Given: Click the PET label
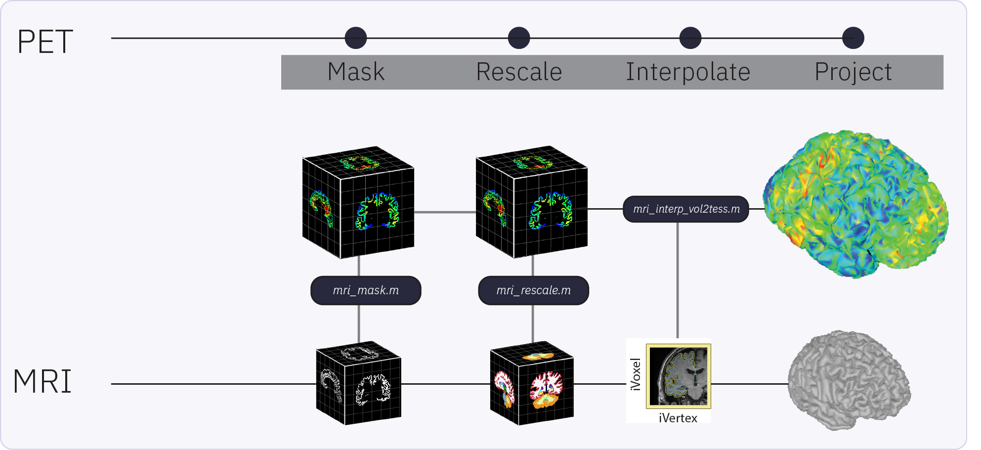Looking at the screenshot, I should pyautogui.click(x=45, y=42).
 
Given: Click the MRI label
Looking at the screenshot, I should pyautogui.click(x=43, y=381).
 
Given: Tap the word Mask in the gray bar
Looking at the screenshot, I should pyautogui.click(x=356, y=72).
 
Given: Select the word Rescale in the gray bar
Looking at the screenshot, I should pyautogui.click(x=519, y=72).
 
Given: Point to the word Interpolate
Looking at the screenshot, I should pyautogui.click(x=688, y=72).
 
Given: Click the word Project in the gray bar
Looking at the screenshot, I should pyautogui.click(x=853, y=72).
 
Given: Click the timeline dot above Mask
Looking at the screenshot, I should pyautogui.click(x=356, y=38).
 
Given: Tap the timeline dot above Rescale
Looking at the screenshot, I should pyautogui.click(x=519, y=38).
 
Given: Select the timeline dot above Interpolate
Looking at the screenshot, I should pyautogui.click(x=690, y=38).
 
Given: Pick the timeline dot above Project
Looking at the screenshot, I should pyautogui.click(x=853, y=38).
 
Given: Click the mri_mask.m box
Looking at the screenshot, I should pyautogui.click(x=366, y=290).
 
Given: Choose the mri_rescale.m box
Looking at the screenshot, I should pyautogui.click(x=534, y=290).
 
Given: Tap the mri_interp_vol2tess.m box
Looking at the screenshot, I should pyautogui.click(x=686, y=209).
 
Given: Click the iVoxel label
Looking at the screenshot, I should pyautogui.click(x=636, y=374).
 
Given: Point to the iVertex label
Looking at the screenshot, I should pyautogui.click(x=678, y=418).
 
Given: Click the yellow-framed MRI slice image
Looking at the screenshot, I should pyautogui.click(x=678, y=376).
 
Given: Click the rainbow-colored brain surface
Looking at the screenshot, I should pyautogui.click(x=855, y=203).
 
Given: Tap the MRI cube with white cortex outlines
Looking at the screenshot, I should pyautogui.click(x=359, y=383).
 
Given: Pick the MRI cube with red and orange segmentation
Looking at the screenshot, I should pyautogui.click(x=532, y=383).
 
